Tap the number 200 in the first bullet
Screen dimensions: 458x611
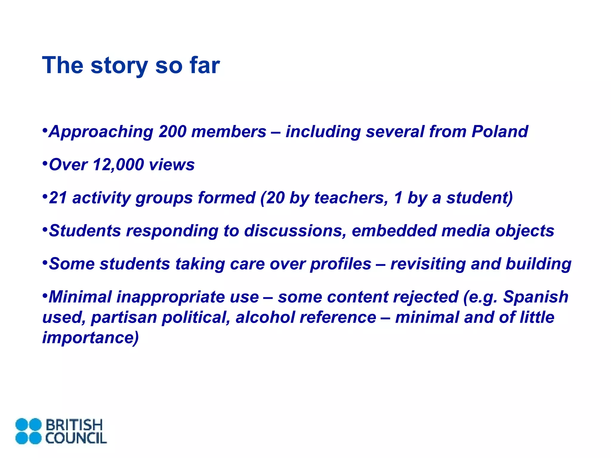click(172, 131)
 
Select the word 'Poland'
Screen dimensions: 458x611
click(500, 131)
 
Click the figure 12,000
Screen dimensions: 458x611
click(118, 165)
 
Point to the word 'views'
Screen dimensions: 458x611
click(172, 165)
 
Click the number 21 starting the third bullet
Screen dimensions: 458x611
click(58, 198)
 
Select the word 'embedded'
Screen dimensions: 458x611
click(394, 231)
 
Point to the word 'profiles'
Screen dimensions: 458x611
click(340, 264)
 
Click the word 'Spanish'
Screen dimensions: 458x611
click(536, 297)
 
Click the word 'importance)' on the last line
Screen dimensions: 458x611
click(90, 338)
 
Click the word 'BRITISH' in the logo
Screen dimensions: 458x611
click(74, 425)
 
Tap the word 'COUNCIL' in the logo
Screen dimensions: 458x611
click(76, 438)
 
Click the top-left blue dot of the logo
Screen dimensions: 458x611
click(22, 425)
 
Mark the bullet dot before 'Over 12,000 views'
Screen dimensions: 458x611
click(45, 163)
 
